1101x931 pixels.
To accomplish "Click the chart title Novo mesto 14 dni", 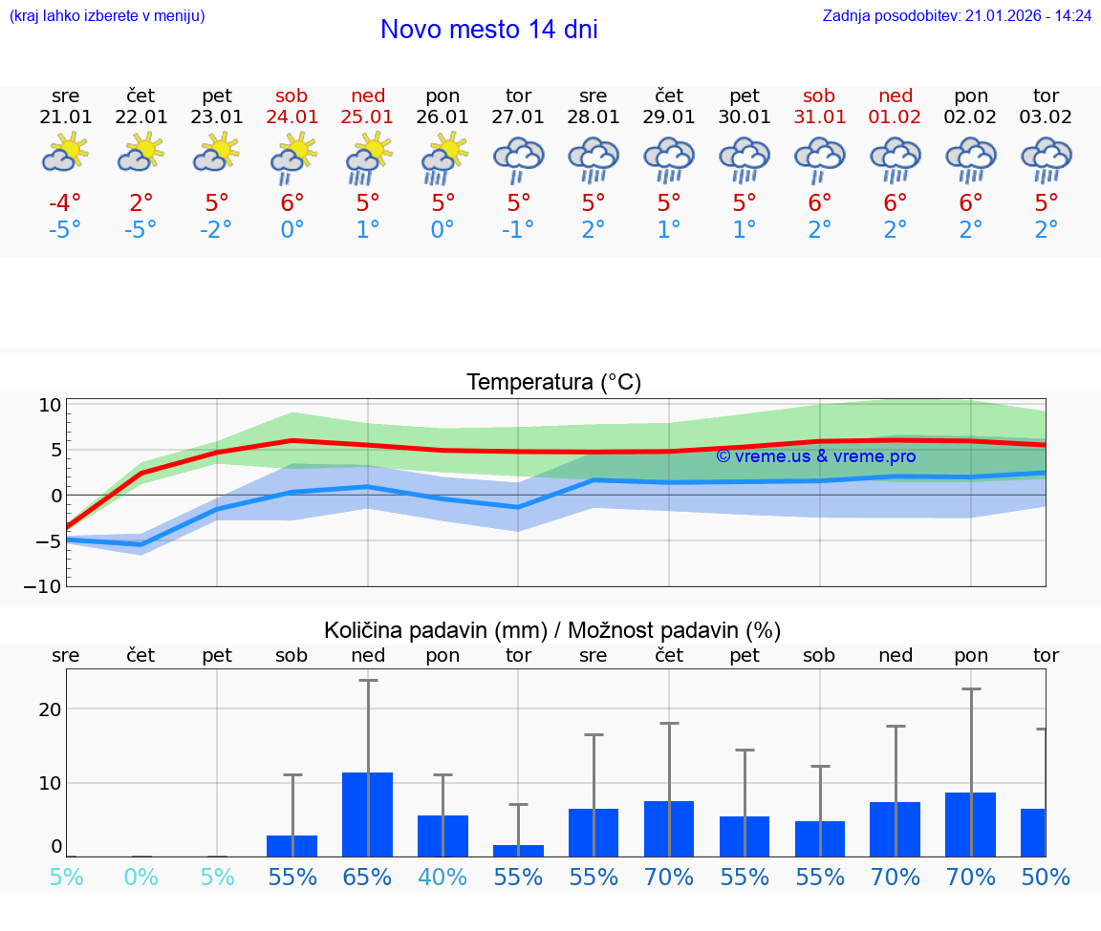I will [x=488, y=30].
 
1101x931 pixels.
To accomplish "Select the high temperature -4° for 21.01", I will [x=65, y=203].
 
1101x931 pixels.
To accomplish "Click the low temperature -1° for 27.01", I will [x=518, y=230].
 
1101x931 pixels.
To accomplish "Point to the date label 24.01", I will [x=291, y=116].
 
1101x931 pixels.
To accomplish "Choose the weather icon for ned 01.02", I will [x=896, y=159].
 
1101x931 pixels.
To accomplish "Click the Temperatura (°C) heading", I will [x=553, y=383].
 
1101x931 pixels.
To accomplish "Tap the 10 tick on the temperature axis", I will [x=50, y=405].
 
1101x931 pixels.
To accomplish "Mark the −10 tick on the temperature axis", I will [x=43, y=586].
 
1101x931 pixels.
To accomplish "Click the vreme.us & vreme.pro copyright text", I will [x=815, y=456].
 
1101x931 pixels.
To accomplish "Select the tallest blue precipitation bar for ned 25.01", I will [x=368, y=814].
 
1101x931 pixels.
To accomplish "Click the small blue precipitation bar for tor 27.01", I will [x=518, y=850].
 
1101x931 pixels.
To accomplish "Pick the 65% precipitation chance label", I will [x=368, y=878].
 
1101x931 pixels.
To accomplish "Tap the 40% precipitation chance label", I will [x=443, y=878].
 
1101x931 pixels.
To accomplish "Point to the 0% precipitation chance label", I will [x=140, y=878].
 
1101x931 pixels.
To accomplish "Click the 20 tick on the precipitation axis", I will [x=50, y=709].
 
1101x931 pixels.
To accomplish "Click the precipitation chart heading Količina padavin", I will [x=552, y=630].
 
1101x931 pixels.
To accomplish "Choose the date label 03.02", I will [x=1046, y=116].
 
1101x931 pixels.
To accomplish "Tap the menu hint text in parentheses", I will [x=107, y=16].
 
